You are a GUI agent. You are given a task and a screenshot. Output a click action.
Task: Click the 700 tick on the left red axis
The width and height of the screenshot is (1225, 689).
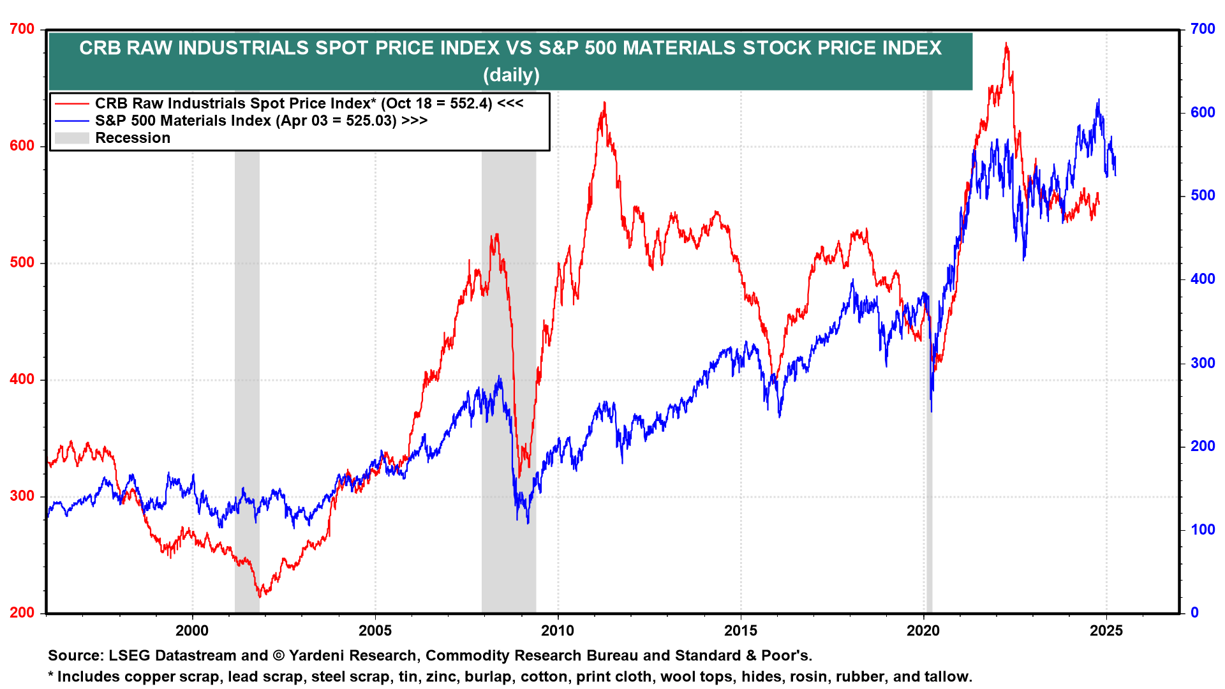coord(22,29)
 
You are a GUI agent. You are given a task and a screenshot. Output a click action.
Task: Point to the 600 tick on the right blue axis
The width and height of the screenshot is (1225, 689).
coord(1203,113)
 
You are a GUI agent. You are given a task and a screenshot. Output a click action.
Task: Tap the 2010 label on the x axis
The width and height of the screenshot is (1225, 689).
coord(558,631)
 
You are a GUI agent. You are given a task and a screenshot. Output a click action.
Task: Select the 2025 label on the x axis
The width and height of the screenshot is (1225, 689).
coord(1106,631)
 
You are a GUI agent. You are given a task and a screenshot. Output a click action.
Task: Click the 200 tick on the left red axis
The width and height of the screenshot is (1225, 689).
coord(22,612)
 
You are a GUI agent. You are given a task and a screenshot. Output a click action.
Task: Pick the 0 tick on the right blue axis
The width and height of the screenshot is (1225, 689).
coord(1195,612)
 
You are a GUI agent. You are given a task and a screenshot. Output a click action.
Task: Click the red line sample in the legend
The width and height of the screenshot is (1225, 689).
coord(71,103)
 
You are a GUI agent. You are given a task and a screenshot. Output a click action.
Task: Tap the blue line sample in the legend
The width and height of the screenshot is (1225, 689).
coord(71,121)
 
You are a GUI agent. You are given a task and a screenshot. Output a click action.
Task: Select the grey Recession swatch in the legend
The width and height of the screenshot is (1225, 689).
coord(71,138)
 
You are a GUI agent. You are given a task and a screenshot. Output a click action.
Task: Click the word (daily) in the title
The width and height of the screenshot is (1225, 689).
coord(511,75)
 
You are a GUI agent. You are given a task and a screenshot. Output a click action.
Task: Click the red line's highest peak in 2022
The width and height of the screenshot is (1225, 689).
coord(1006,43)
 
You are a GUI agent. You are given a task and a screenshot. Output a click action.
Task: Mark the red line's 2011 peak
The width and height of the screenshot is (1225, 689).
coord(604,103)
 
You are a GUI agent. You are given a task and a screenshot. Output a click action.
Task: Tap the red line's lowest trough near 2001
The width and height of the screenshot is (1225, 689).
coord(260,596)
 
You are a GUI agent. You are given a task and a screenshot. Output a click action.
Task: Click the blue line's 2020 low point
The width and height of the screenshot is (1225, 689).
coord(932,411)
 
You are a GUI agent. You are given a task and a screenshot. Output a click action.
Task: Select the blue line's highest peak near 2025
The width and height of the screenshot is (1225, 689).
coord(1099,100)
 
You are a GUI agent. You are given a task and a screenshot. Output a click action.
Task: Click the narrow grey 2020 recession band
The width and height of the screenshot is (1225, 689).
coord(929,351)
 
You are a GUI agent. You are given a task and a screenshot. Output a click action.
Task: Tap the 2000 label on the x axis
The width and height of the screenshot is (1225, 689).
coord(192,631)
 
